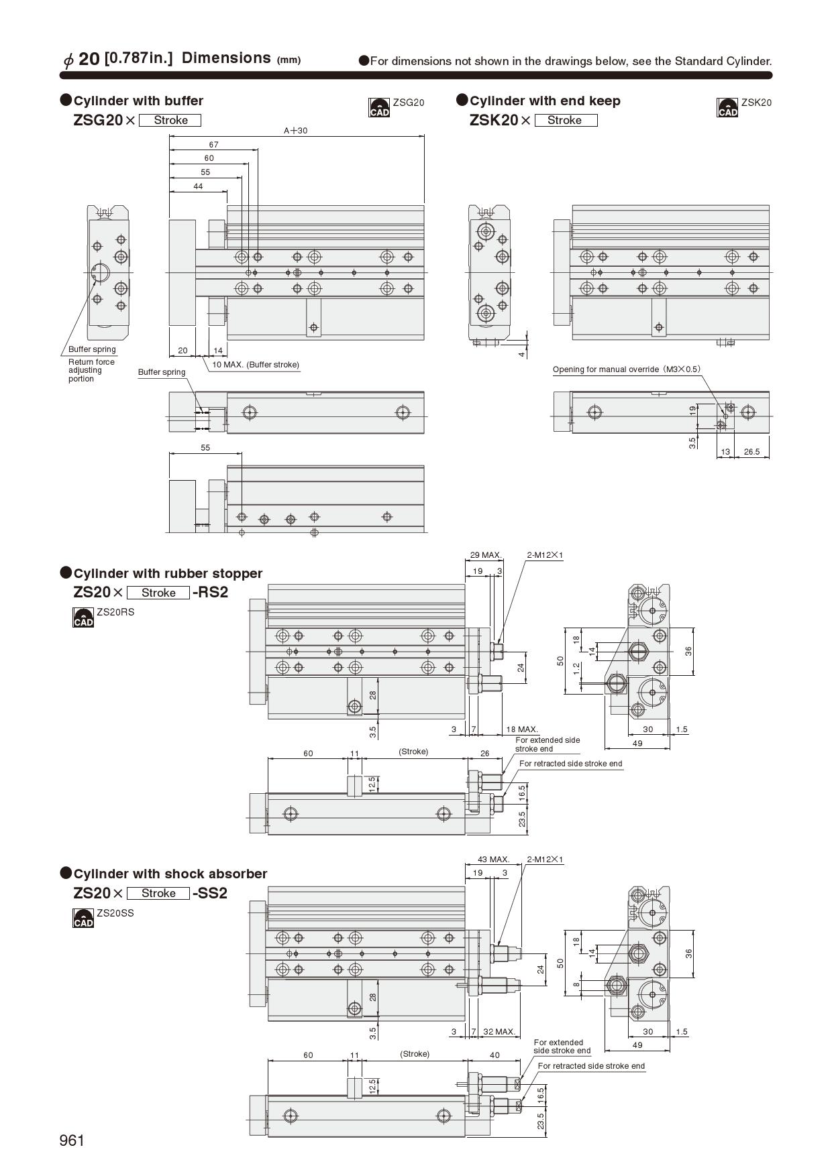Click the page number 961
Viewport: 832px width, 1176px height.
[x=72, y=1140]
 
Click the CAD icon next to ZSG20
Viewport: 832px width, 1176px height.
[x=379, y=107]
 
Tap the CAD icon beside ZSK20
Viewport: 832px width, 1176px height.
[x=727, y=107]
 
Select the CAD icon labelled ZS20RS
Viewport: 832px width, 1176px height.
[x=83, y=618]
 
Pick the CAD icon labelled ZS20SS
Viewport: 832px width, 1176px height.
[x=83, y=918]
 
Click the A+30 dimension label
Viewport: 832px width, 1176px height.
[x=295, y=131]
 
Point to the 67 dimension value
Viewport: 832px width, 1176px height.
[x=213, y=145]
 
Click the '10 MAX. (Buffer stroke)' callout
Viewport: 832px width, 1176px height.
[x=256, y=365]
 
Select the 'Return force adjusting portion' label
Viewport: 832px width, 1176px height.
[x=91, y=370]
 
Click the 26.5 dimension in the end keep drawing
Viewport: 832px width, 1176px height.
[x=751, y=452]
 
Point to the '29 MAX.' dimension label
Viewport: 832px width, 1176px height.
[x=486, y=555]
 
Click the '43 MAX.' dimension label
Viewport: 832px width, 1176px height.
[x=494, y=859]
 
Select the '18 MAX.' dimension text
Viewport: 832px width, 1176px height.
[x=522, y=729]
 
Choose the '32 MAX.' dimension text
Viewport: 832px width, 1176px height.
[x=499, y=1032]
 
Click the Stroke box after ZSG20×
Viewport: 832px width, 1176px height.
[x=170, y=121]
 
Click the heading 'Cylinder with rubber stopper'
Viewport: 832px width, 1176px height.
[x=168, y=573]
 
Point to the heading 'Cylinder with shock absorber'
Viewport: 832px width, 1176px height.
[x=170, y=874]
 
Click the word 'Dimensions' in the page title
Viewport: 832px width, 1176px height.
[x=226, y=58]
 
